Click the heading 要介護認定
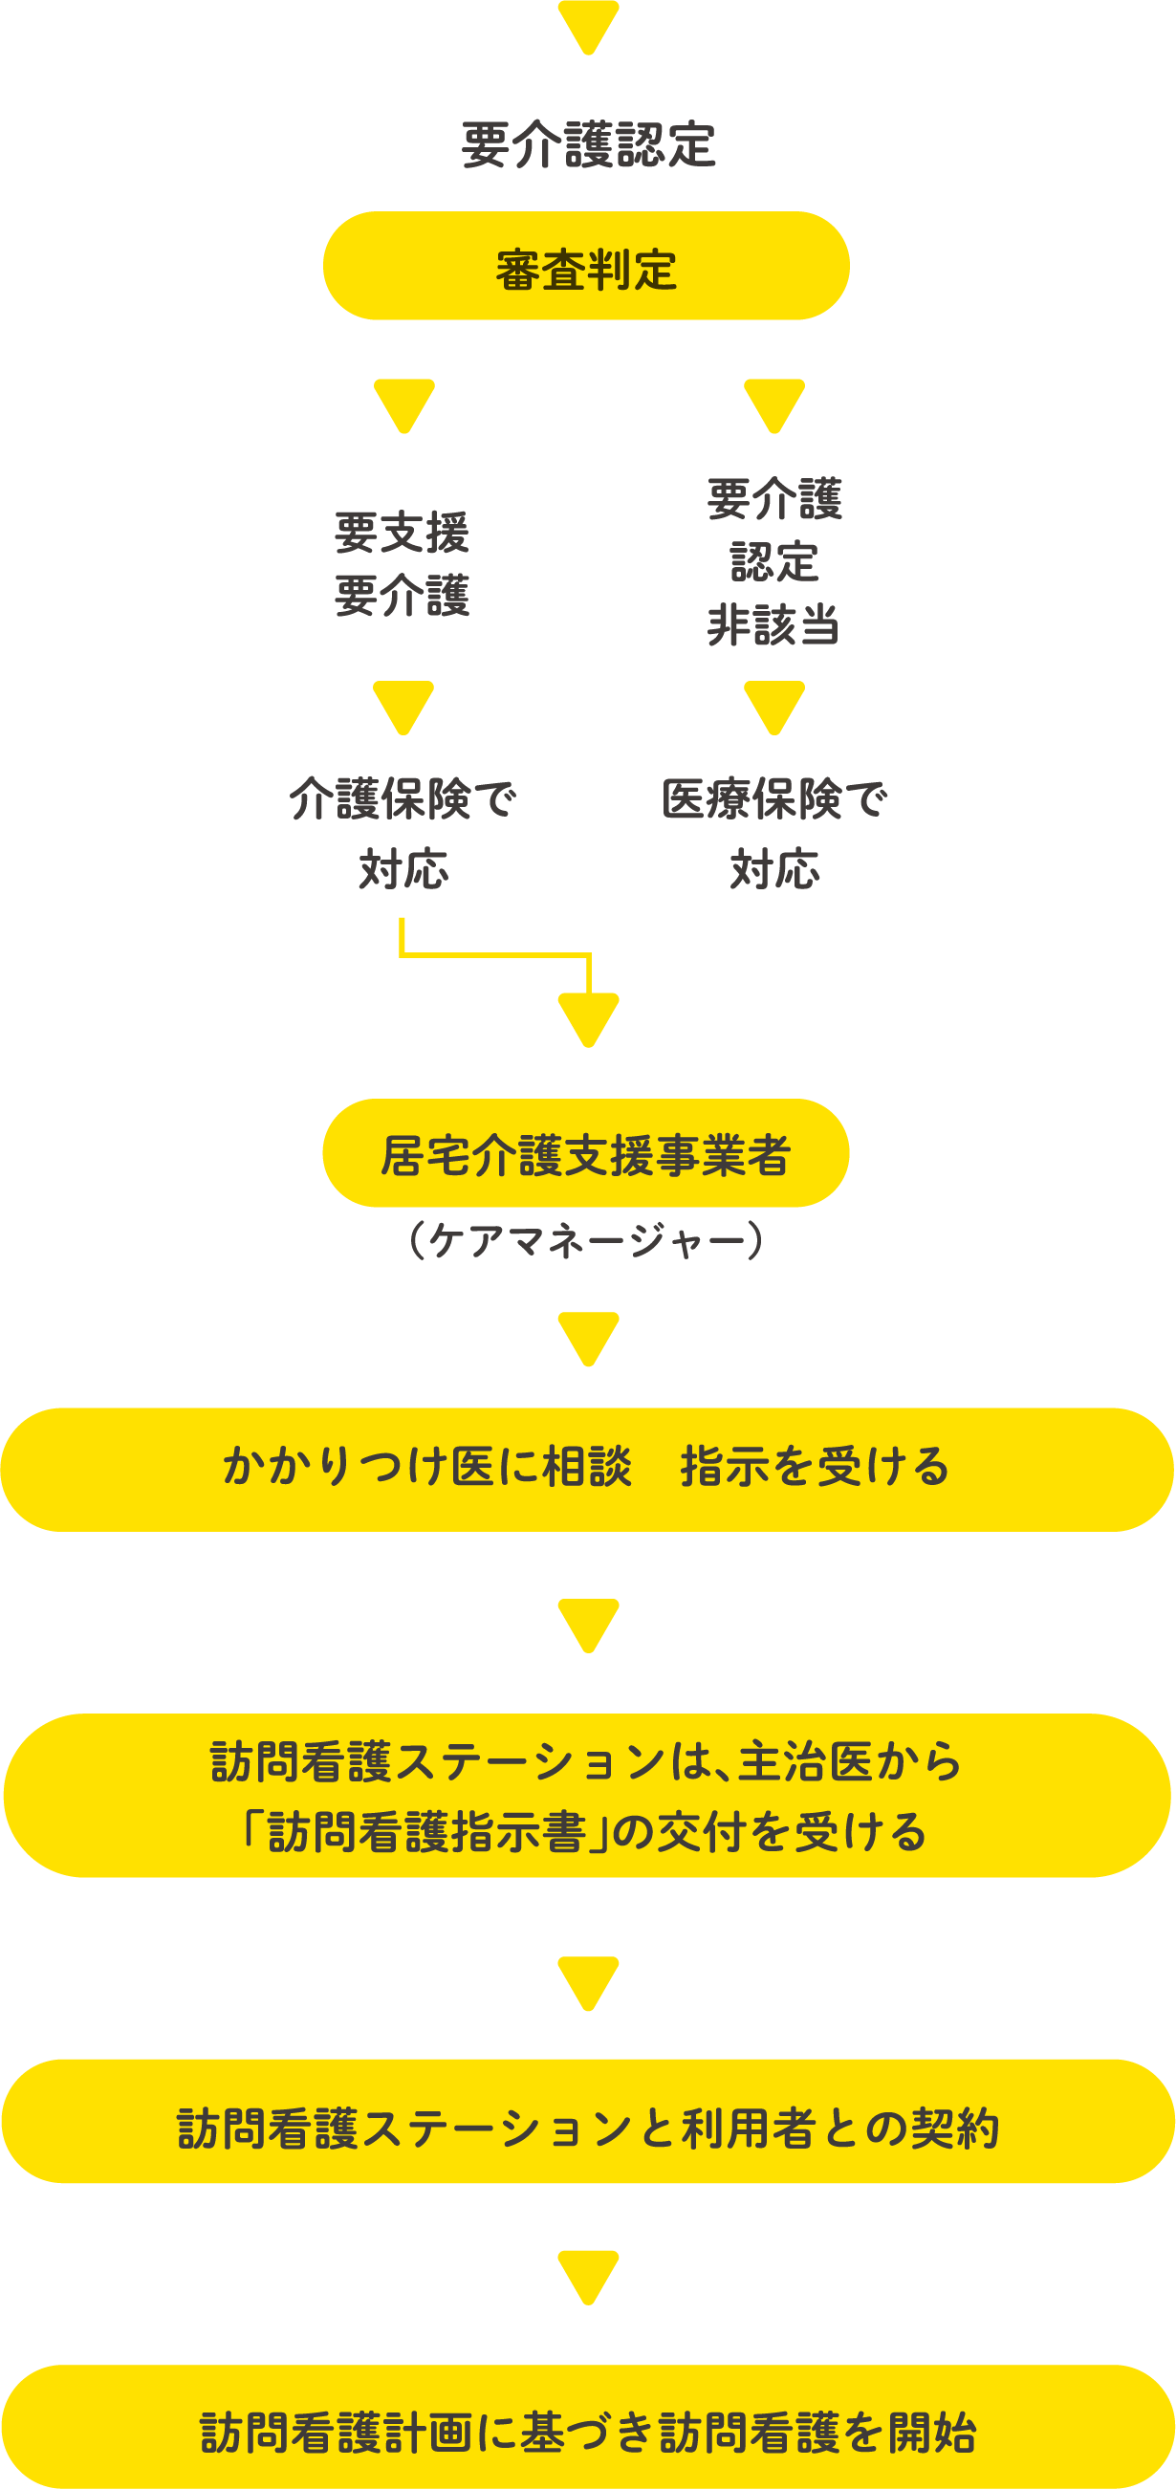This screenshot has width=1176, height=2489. [x=587, y=145]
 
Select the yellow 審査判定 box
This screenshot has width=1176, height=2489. [x=585, y=267]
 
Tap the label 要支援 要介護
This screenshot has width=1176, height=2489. [x=402, y=563]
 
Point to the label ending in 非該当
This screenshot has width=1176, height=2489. [x=773, y=562]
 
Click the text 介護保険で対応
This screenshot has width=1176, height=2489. [x=402, y=833]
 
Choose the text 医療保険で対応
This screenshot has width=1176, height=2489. [x=773, y=833]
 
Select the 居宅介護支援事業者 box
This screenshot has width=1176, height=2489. [x=585, y=1154]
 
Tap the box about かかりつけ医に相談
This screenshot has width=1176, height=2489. [x=585, y=1469]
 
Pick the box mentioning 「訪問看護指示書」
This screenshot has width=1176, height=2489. [x=585, y=1796]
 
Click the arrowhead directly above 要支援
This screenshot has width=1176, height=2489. [x=403, y=404]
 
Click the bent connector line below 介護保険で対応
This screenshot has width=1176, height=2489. [x=492, y=954]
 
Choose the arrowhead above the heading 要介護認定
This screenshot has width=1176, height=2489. [x=587, y=24]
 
